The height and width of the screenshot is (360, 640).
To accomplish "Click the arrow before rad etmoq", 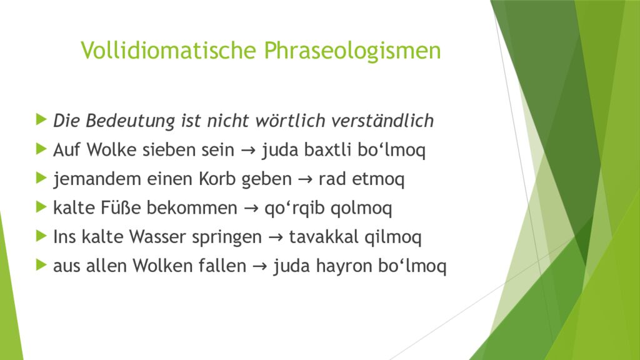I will tap(306, 180).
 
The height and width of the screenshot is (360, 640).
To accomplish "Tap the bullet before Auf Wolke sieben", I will tap(42, 150).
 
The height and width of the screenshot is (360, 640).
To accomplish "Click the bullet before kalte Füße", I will tap(42, 208).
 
